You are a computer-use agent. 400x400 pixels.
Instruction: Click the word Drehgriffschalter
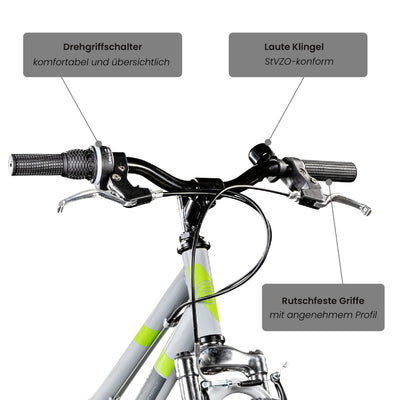tap(102, 46)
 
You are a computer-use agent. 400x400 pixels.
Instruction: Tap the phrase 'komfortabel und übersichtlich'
tap(102, 63)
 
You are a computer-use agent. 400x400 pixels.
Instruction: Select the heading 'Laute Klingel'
tap(297, 46)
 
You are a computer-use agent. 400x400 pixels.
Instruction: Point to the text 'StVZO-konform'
tap(297, 63)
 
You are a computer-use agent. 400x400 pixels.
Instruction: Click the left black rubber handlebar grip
tap(38, 164)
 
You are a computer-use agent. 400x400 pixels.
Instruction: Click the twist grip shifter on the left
tap(78, 163)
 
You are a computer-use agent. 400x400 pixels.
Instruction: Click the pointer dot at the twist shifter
tap(97, 143)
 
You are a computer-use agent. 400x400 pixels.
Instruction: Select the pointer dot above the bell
tap(267, 142)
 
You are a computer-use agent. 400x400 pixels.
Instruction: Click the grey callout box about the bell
tap(297, 55)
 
